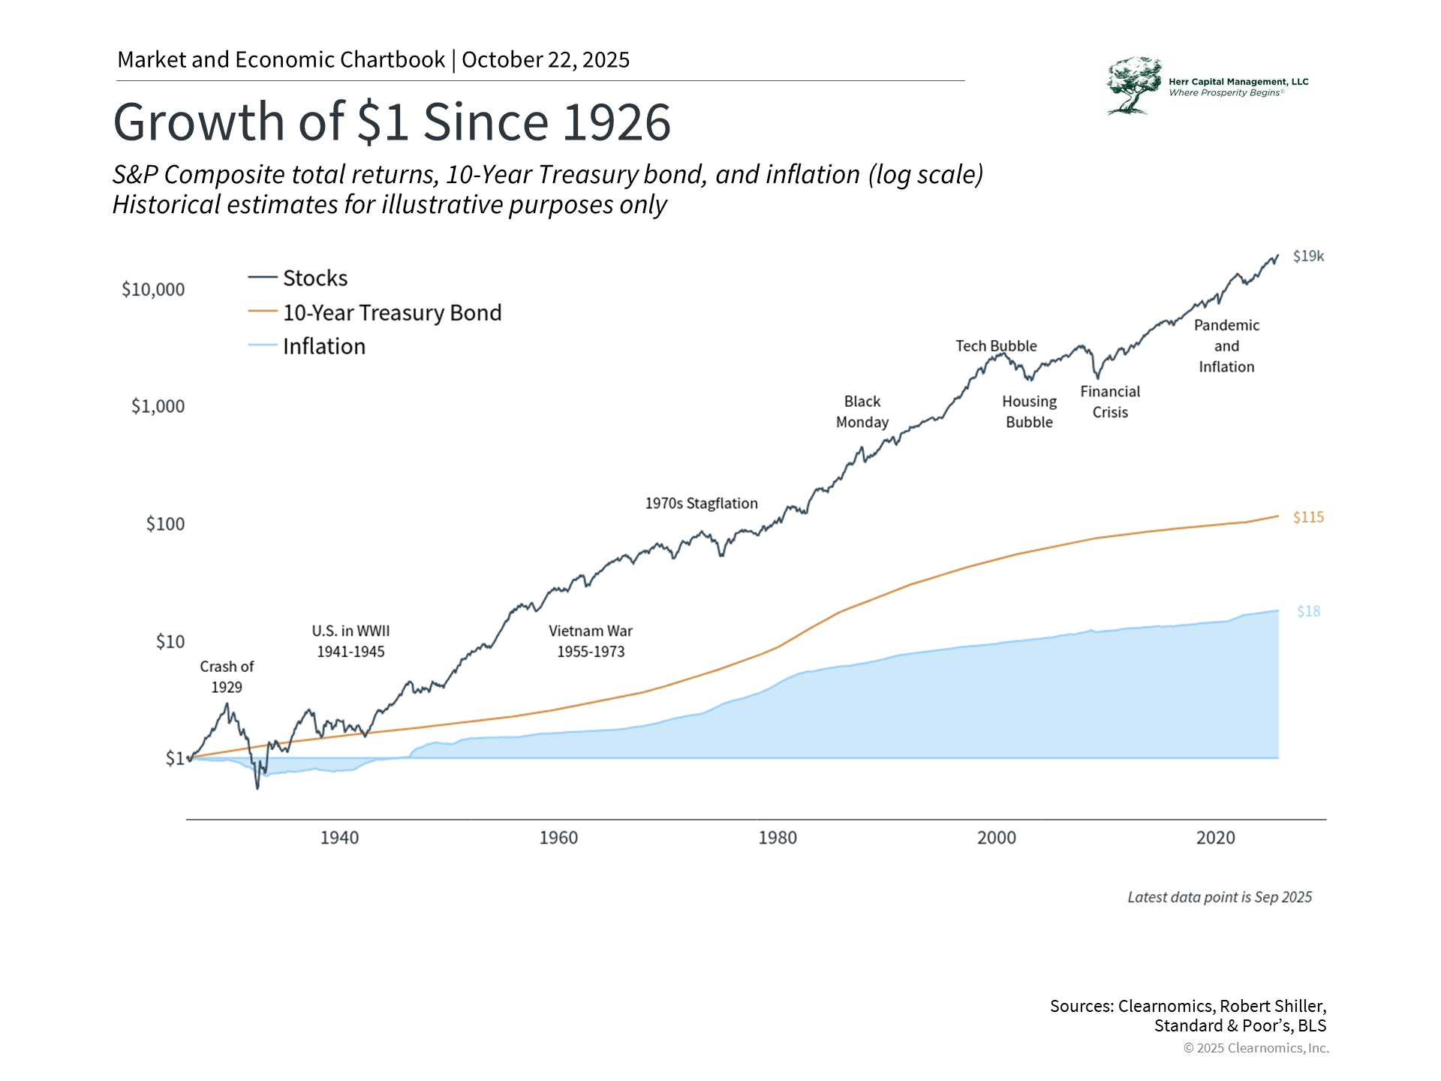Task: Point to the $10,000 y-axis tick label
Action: point(153,290)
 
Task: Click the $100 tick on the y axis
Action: point(165,524)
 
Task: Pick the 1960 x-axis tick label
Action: point(558,838)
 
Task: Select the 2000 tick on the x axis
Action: point(996,838)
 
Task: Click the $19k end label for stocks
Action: point(1308,257)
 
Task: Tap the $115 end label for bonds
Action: point(1308,517)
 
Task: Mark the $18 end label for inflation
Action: point(1308,612)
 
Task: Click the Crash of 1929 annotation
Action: point(227,677)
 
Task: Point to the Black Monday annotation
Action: point(862,412)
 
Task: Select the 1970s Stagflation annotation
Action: point(701,504)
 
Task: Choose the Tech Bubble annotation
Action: point(996,346)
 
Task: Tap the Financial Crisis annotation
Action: point(1110,402)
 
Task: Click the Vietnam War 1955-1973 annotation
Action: point(591,642)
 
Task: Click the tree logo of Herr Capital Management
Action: point(1133,86)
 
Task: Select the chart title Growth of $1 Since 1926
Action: point(392,122)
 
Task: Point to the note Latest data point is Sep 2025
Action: point(1220,898)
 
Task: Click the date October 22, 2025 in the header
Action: point(546,60)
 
